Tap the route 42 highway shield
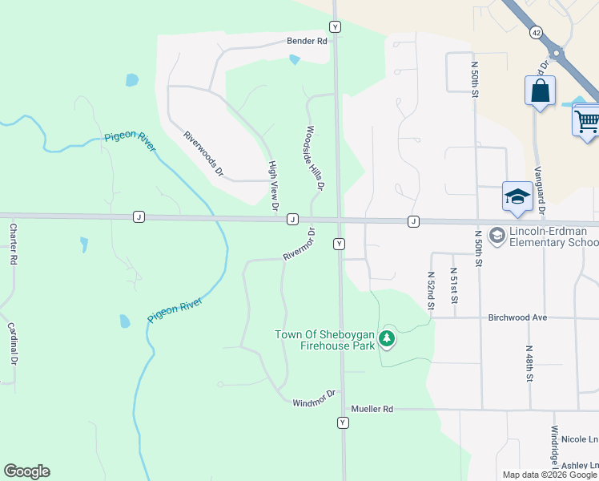click(535, 31)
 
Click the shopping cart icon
click(587, 121)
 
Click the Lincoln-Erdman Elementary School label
click(553, 237)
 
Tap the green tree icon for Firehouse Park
click(388, 339)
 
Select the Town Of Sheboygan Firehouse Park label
click(325, 340)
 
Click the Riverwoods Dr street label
click(202, 155)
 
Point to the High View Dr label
click(273, 186)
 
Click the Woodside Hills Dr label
click(313, 157)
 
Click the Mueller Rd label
click(376, 409)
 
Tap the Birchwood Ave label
click(517, 317)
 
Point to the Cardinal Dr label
click(13, 343)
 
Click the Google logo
click(26, 471)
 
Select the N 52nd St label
click(430, 289)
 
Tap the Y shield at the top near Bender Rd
click(335, 26)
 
